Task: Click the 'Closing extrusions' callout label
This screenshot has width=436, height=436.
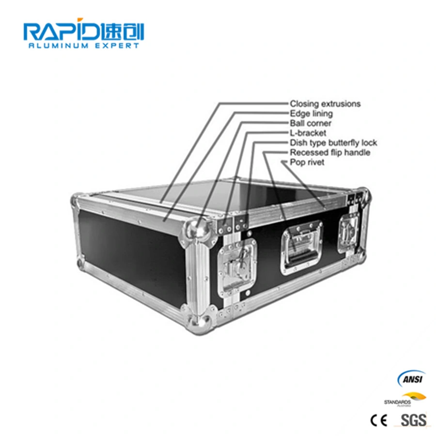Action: coord(325,104)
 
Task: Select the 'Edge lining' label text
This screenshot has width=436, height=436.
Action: coord(311,113)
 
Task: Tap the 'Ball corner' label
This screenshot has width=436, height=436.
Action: coord(311,123)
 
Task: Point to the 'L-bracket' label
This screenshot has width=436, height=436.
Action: coord(308,133)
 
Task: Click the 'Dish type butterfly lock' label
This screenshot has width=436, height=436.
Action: coord(333,142)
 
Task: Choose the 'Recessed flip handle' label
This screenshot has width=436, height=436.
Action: coord(330,153)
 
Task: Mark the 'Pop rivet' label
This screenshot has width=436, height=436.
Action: coord(307,162)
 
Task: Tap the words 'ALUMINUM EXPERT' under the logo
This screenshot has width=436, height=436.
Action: coord(84,46)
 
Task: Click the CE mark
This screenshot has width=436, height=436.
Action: coord(379,420)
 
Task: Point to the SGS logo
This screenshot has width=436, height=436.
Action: coord(413,420)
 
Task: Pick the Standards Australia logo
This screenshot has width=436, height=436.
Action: coord(405,399)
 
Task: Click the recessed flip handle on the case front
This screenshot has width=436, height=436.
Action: coord(301,248)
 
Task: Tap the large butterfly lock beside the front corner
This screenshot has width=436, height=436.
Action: coord(236,267)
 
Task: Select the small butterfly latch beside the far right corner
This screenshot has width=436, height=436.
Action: coord(348,233)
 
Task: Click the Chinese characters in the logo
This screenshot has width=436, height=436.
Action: coord(122,31)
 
